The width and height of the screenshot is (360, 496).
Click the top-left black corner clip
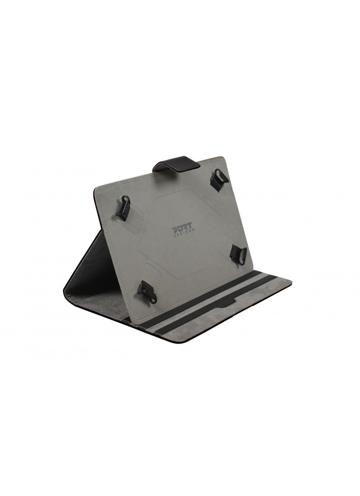(123, 207)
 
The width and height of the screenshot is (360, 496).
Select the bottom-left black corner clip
(147, 292)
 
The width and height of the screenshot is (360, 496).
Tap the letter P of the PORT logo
(175, 228)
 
